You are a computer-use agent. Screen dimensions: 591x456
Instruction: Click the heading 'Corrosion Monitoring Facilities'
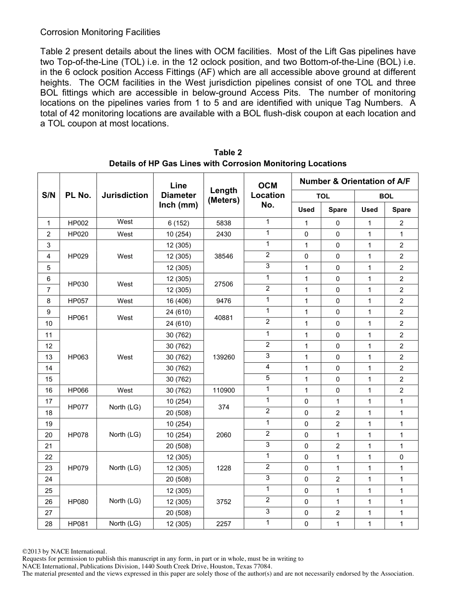(100, 32)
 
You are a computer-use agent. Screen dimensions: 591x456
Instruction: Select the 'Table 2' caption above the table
(228, 152)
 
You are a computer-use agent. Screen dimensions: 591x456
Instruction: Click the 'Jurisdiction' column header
(125, 195)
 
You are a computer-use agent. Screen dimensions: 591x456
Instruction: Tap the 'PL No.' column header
(78, 195)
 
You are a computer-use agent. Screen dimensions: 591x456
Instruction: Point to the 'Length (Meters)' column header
(224, 195)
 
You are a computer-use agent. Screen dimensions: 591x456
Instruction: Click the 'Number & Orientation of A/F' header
(355, 181)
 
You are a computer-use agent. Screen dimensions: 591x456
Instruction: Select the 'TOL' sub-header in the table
(323, 196)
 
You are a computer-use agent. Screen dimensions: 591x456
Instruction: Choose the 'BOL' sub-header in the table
(386, 196)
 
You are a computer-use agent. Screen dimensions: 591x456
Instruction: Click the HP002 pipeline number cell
(78, 223)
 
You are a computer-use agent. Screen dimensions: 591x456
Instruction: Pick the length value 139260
(224, 357)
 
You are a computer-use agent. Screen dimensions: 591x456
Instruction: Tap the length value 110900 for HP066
(224, 391)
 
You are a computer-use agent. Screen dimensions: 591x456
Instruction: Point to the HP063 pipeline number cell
(78, 357)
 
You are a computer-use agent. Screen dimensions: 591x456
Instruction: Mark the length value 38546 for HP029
(224, 257)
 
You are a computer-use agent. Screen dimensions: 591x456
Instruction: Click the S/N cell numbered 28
(48, 524)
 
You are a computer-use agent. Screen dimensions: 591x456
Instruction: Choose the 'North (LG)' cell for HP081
(125, 523)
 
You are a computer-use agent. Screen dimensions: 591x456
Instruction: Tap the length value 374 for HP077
(224, 407)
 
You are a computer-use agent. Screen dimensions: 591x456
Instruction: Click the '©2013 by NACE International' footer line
(65, 552)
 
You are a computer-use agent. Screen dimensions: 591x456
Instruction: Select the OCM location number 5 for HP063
(267, 378)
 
